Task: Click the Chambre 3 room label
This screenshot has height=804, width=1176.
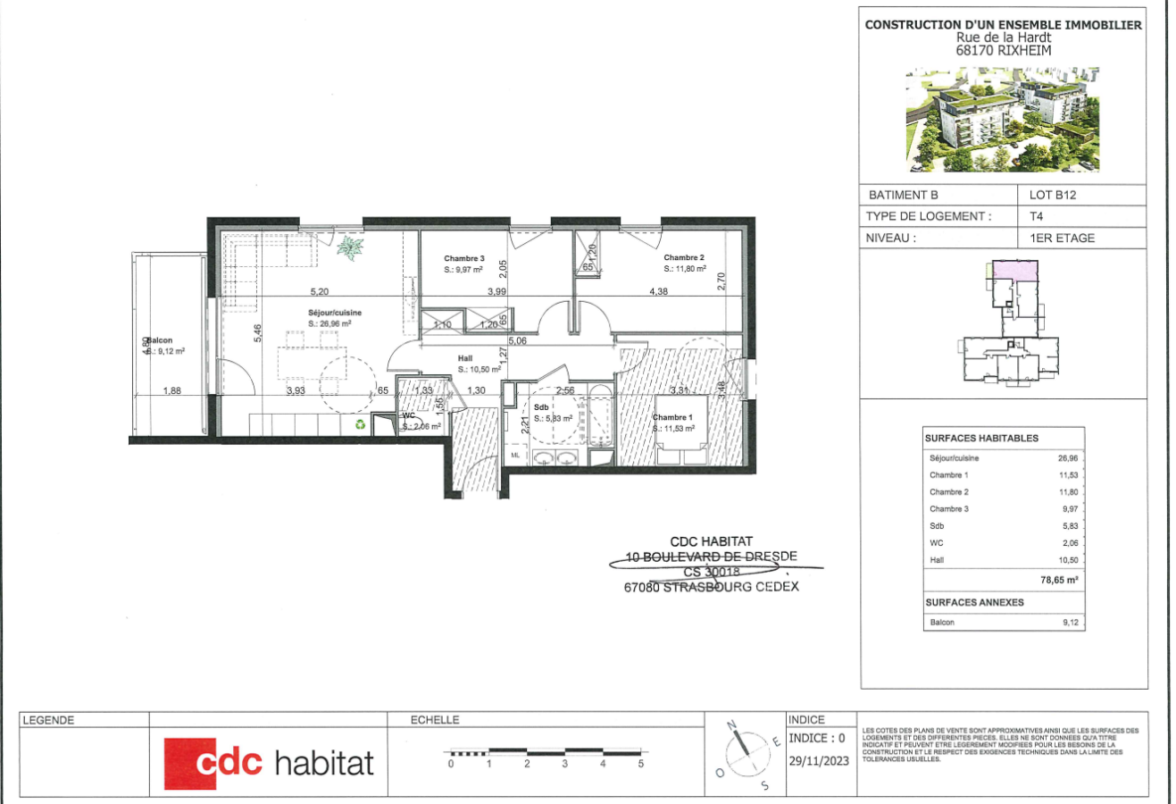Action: (463, 258)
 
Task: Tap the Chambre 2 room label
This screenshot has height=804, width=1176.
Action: (683, 257)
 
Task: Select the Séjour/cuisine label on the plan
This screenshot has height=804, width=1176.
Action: (335, 313)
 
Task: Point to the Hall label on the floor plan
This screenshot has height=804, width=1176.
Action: (464, 358)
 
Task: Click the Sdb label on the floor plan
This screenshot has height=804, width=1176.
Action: (541, 407)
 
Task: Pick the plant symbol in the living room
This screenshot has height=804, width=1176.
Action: (350, 247)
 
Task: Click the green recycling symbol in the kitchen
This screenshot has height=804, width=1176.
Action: (359, 425)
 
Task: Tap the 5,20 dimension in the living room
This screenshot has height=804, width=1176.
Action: (319, 291)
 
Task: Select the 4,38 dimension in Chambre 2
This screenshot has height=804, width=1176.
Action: (658, 291)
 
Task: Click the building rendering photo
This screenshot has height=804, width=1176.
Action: (1003, 121)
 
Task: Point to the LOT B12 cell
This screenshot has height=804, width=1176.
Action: (1053, 195)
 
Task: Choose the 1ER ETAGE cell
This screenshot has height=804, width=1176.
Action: (1062, 238)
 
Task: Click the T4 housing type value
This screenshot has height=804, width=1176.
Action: (1037, 216)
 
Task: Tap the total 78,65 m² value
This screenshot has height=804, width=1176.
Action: (1059, 580)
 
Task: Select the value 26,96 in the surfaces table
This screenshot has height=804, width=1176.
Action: (1068, 458)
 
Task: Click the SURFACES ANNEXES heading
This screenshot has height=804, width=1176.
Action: (974, 602)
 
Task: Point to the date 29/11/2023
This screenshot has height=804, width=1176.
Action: (819, 762)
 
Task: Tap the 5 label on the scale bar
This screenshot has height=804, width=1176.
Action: (640, 764)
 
